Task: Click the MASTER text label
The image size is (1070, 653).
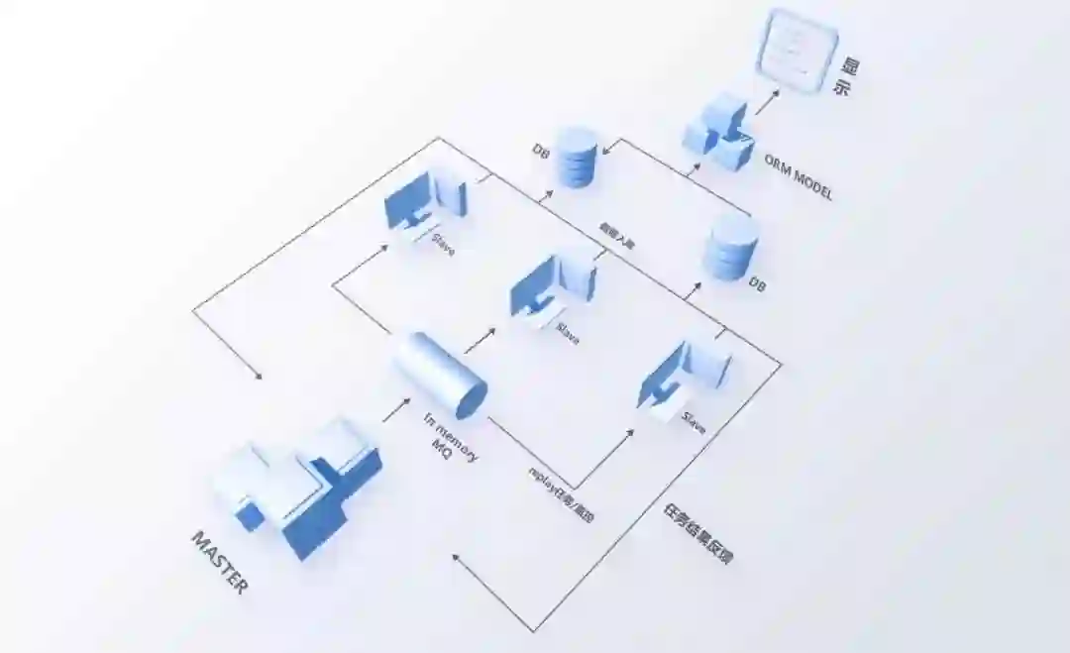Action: tap(220, 562)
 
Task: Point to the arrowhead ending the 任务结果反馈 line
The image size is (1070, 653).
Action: tap(457, 558)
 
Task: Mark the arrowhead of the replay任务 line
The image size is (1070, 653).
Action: tap(630, 433)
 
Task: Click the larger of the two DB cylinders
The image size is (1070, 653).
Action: tap(730, 247)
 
